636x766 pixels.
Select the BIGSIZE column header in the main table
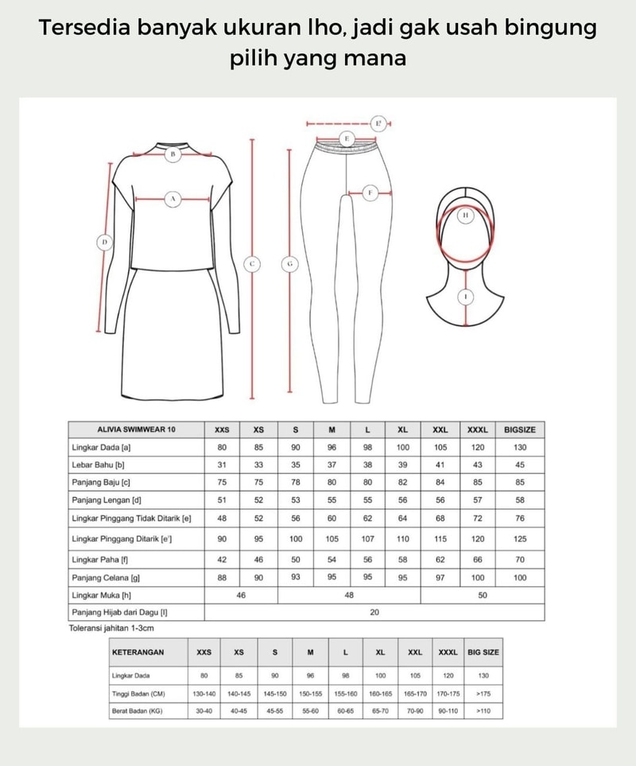520,430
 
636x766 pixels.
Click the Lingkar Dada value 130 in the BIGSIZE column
520,447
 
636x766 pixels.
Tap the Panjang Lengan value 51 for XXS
223,500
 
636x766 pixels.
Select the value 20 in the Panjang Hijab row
374,612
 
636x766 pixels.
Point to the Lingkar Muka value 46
241,595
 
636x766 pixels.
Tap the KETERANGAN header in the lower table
138,652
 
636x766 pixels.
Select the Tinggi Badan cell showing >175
483,694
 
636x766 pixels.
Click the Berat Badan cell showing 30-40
204,711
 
